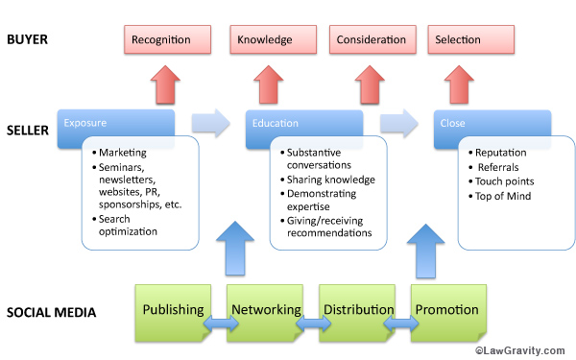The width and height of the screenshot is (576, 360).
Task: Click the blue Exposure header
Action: (115, 124)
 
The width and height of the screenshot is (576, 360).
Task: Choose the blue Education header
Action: (303, 124)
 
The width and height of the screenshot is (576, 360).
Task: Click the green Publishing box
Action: (173, 309)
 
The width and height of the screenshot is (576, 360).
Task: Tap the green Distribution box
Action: (357, 309)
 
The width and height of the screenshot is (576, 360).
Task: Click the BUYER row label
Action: (29, 40)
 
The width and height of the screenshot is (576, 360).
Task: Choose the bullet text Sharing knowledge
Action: (330, 180)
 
